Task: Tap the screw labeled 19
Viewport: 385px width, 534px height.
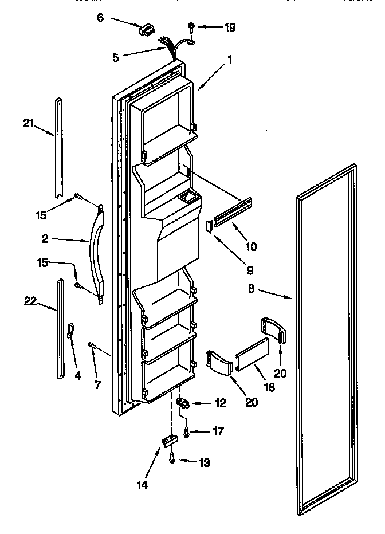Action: click(x=191, y=26)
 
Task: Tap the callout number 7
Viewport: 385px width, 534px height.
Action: click(x=97, y=384)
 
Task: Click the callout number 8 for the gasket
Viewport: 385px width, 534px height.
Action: click(x=253, y=290)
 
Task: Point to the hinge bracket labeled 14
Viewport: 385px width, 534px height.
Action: click(x=168, y=441)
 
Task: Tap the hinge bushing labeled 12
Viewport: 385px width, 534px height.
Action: click(x=182, y=403)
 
